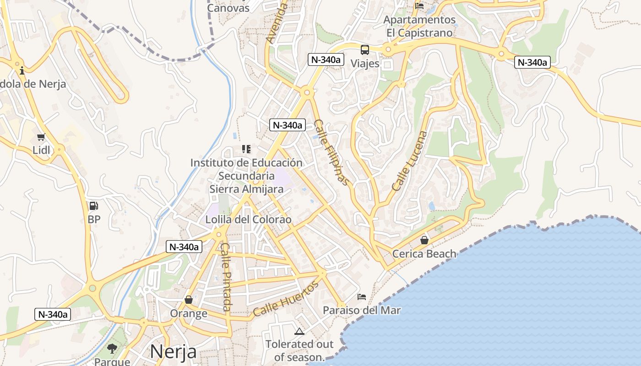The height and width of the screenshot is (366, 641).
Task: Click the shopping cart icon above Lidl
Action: click(41, 137)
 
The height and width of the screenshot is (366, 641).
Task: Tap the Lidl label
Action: click(41, 150)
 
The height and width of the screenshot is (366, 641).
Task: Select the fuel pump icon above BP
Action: click(93, 206)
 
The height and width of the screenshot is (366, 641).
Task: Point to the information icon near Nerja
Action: click(22, 70)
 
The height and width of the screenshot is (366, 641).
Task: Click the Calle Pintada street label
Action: click(227, 276)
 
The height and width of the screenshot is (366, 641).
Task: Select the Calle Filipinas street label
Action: click(332, 152)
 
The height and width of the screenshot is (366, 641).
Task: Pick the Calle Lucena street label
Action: click(410, 161)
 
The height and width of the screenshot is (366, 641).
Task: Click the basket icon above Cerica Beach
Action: click(424, 240)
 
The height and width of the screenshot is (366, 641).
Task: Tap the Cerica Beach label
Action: click(424, 253)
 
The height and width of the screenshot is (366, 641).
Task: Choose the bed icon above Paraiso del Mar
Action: click(362, 297)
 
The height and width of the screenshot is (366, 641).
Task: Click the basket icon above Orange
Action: click(188, 300)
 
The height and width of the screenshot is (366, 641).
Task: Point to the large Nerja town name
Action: click(173, 351)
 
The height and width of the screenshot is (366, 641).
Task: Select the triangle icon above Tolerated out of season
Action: click(299, 331)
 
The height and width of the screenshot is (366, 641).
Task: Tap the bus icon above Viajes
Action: click(365, 50)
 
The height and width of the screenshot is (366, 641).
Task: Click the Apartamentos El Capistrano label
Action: click(419, 26)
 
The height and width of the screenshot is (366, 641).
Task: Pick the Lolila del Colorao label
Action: click(248, 220)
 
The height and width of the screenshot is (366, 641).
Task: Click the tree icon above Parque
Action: click(112, 349)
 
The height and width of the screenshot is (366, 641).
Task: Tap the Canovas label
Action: click(228, 8)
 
